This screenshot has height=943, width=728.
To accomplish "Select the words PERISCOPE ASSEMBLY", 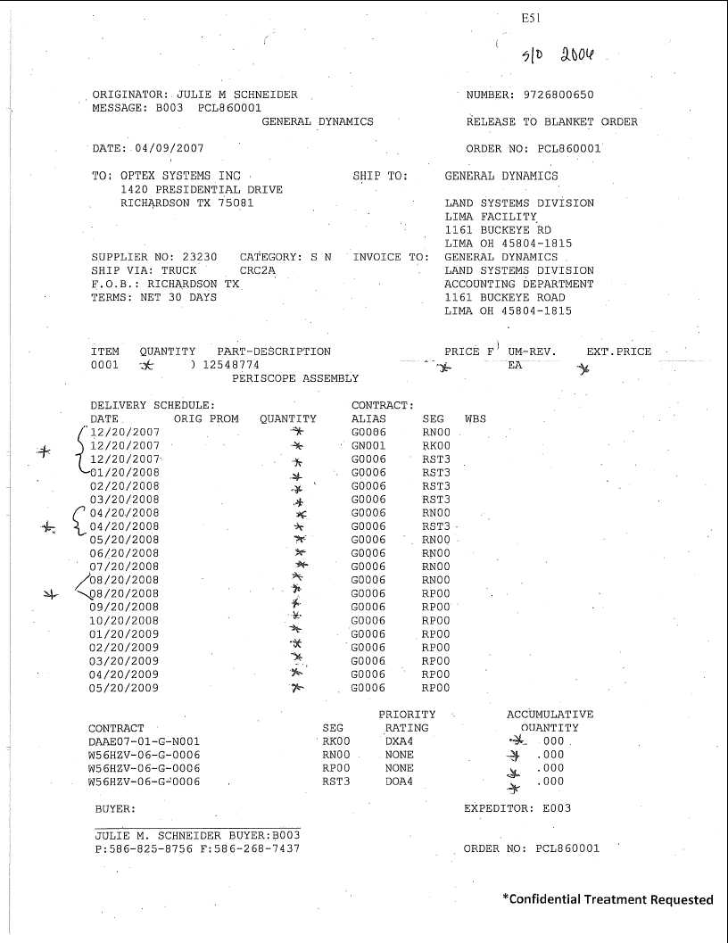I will [295, 378].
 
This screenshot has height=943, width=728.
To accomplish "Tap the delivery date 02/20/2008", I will [125, 486].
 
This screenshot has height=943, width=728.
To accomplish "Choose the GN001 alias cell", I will [368, 445].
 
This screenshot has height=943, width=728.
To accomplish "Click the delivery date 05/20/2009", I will [125, 688].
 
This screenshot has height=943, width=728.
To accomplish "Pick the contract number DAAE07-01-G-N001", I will [144, 741].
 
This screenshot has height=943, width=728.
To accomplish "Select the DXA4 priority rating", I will [399, 741].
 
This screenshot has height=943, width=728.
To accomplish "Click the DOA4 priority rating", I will [399, 782].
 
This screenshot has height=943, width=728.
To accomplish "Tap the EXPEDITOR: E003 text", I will [517, 808].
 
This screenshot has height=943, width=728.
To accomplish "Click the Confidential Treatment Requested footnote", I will [607, 899].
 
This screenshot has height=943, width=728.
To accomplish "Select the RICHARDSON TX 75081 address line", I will [186, 203].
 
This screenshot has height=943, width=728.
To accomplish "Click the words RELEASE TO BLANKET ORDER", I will [551, 121].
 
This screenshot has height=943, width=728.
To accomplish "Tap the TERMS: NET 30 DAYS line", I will [153, 297].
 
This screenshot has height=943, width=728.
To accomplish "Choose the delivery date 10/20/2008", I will [125, 621].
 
